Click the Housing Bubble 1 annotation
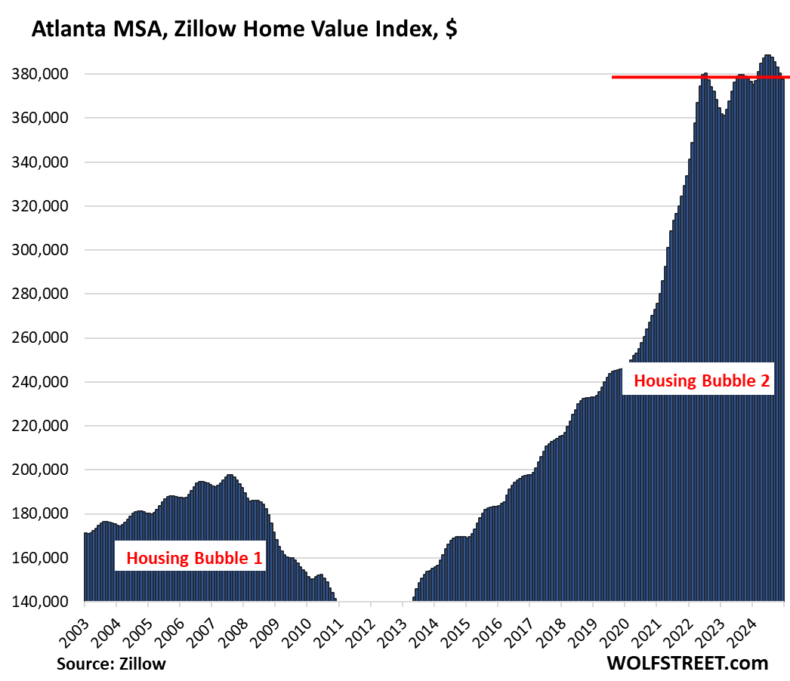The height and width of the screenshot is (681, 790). (x=194, y=559)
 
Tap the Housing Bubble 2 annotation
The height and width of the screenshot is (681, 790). (x=702, y=381)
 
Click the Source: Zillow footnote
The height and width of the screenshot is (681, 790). (x=111, y=664)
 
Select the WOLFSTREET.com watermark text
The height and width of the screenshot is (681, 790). (x=687, y=663)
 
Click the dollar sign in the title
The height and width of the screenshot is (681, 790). (x=450, y=30)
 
